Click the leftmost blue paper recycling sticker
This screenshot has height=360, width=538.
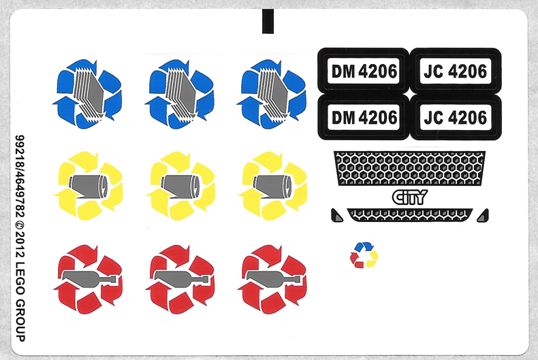click(x=87, y=94)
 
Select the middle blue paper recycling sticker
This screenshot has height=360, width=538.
click(x=180, y=94)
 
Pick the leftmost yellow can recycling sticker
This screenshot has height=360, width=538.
click(x=89, y=184)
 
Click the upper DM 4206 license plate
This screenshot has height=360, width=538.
click(x=364, y=71)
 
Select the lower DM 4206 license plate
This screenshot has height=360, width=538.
click(x=364, y=118)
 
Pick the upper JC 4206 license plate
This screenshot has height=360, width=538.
click(x=455, y=71)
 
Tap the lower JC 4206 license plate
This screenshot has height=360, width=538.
click(x=455, y=118)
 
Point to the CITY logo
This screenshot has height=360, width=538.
click(x=409, y=197)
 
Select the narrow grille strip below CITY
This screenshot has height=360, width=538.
click(x=410, y=214)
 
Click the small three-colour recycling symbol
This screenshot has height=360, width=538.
click(x=363, y=255)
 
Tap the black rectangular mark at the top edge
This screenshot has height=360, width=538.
click(x=268, y=20)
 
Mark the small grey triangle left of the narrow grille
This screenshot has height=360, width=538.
click(x=336, y=216)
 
